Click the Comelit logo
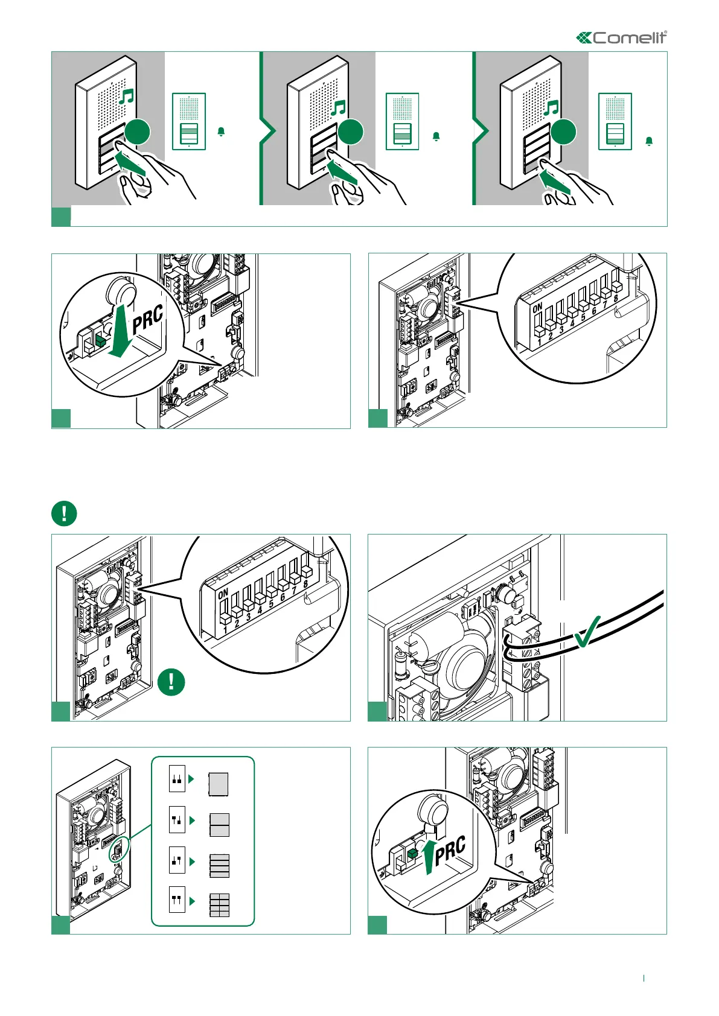(622, 38)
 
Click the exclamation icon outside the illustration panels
(64, 513)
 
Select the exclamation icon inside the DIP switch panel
(171, 682)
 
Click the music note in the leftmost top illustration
(126, 97)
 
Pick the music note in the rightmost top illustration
(551, 108)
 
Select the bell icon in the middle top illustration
(436, 137)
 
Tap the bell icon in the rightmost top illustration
(649, 141)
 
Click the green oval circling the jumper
(118, 851)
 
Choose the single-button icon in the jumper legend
(219, 784)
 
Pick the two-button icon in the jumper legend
(219, 824)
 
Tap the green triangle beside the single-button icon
(191, 779)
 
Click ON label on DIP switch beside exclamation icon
(223, 594)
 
